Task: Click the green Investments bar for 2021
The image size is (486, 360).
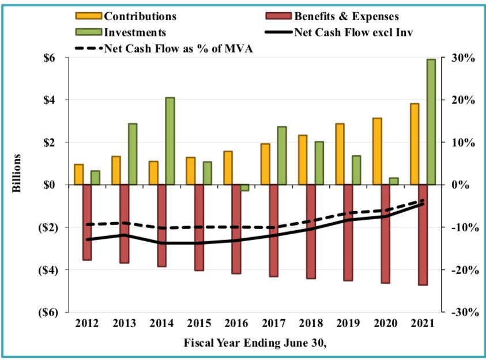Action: click(431, 122)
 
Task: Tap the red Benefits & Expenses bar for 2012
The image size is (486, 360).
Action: click(87, 222)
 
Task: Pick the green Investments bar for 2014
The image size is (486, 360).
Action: click(170, 141)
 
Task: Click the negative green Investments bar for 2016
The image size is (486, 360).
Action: click(244, 187)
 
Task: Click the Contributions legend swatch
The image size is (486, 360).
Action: click(92, 16)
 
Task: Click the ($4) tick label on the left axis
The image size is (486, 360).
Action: click(49, 269)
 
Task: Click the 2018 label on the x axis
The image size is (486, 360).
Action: click(311, 322)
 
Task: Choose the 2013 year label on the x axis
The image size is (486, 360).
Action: click(125, 322)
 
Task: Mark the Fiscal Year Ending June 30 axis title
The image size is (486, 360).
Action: click(255, 343)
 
